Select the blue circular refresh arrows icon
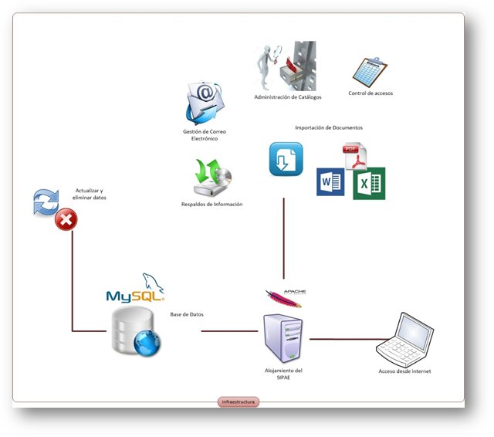(x=46, y=203)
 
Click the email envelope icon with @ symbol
(x=204, y=104)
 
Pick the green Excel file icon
(x=369, y=184)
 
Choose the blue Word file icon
(x=330, y=182)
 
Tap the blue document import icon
(x=286, y=158)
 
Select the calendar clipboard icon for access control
(x=370, y=72)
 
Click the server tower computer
(x=283, y=337)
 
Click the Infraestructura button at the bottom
(x=239, y=401)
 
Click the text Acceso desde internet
(x=404, y=371)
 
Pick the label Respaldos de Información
(x=211, y=205)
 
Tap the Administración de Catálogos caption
(x=288, y=97)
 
